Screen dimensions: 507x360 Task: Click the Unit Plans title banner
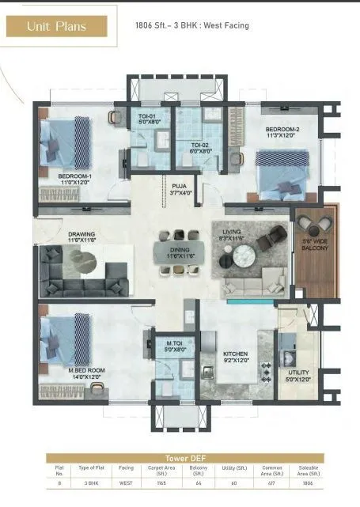[x=56, y=26]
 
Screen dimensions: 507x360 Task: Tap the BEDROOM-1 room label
[x=75, y=179]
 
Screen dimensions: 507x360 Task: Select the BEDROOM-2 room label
[x=281, y=132]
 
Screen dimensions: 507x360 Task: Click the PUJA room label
[x=180, y=189]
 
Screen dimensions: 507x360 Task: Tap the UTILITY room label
[x=299, y=375]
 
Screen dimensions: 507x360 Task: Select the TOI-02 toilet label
[x=201, y=148]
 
